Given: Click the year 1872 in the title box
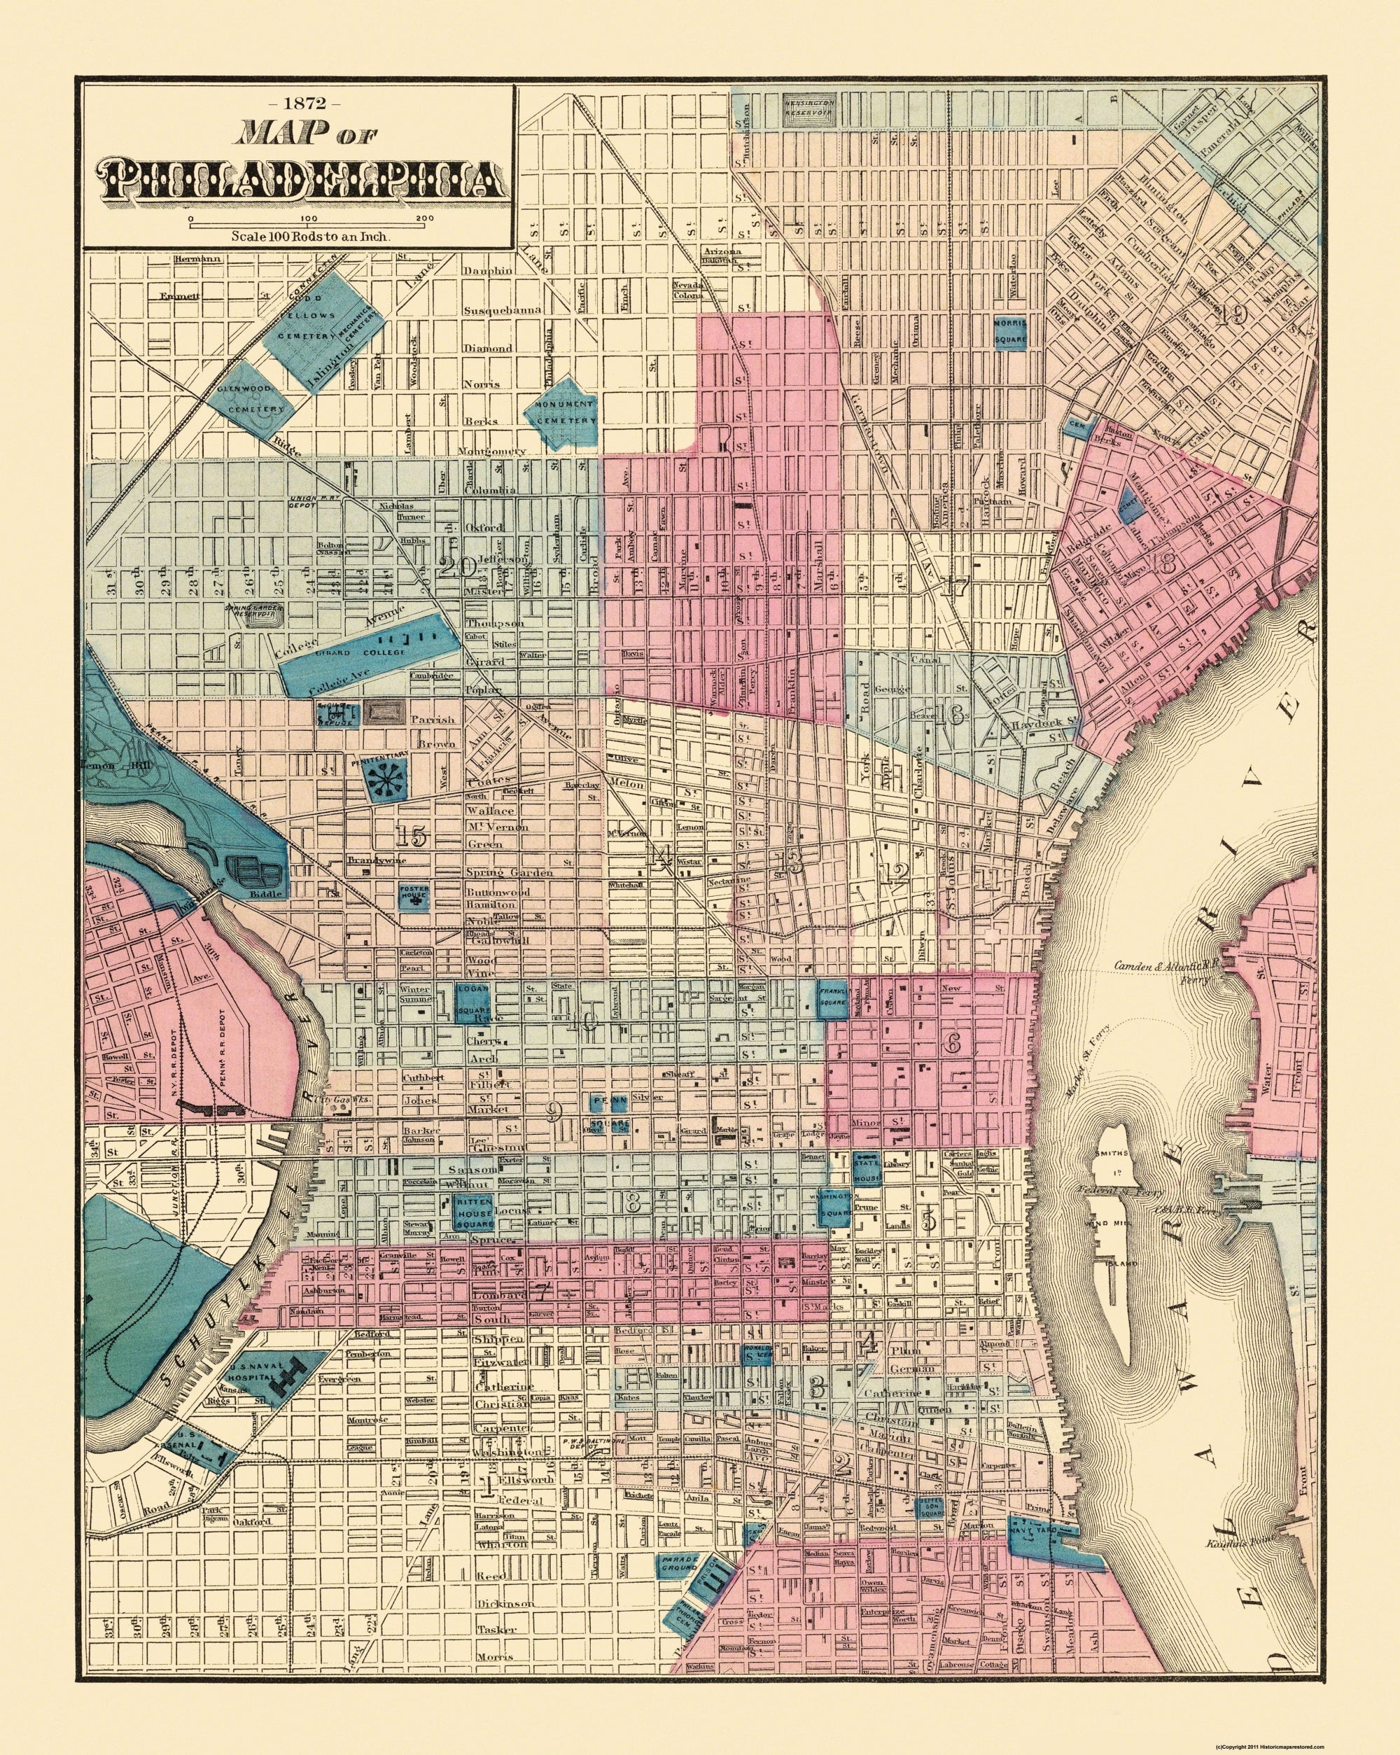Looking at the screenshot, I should tap(299, 104).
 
